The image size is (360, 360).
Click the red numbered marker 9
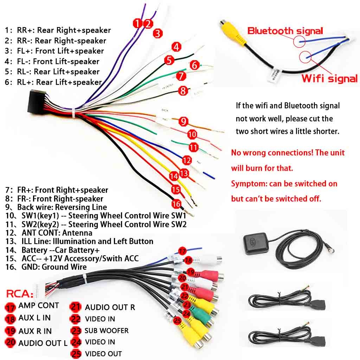[183, 122]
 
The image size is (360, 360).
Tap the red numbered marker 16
[176, 204]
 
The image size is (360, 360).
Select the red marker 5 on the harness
[170, 60]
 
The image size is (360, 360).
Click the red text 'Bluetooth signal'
[285, 31]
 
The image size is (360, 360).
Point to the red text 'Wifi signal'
[329, 78]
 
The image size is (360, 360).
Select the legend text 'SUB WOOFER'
[107, 331]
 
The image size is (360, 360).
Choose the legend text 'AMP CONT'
[39, 306]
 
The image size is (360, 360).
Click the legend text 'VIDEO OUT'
[103, 354]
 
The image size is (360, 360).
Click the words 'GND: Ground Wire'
[64, 267]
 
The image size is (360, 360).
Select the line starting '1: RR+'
[58, 30]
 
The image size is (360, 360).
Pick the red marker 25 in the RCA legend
[76, 354]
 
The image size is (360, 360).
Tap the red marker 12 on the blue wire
[187, 161]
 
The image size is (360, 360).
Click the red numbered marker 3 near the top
[158, 33]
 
